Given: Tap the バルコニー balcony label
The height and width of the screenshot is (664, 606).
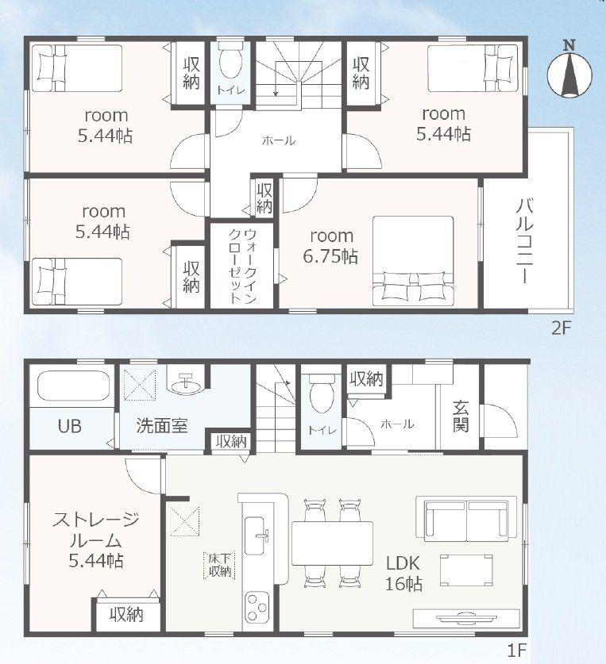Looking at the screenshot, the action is [x=525, y=240].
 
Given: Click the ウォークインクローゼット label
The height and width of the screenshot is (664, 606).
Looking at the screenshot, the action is [x=242, y=266].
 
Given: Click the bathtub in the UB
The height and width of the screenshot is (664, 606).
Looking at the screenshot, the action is [x=74, y=386].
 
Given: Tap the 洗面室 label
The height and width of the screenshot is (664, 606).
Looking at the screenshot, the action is [x=162, y=425].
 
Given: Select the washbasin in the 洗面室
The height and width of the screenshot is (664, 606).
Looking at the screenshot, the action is [x=186, y=384].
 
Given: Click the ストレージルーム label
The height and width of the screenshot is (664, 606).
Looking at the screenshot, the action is [x=96, y=530].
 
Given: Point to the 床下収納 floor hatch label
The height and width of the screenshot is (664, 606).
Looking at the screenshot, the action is [x=220, y=565].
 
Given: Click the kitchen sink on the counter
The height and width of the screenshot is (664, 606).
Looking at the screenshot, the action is [x=257, y=535].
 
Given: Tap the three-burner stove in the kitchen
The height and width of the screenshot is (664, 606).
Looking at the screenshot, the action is [x=257, y=607].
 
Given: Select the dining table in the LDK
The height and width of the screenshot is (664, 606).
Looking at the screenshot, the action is [x=332, y=543].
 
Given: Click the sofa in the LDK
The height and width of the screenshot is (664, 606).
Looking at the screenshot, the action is [x=466, y=519].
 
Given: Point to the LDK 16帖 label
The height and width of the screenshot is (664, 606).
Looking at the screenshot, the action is [x=403, y=574].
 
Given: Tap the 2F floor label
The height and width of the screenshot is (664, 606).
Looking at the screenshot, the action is [x=562, y=328].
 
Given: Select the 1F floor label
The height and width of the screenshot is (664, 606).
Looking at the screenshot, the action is [x=516, y=650].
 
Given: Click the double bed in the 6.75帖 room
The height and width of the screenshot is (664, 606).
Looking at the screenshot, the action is [x=413, y=261].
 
